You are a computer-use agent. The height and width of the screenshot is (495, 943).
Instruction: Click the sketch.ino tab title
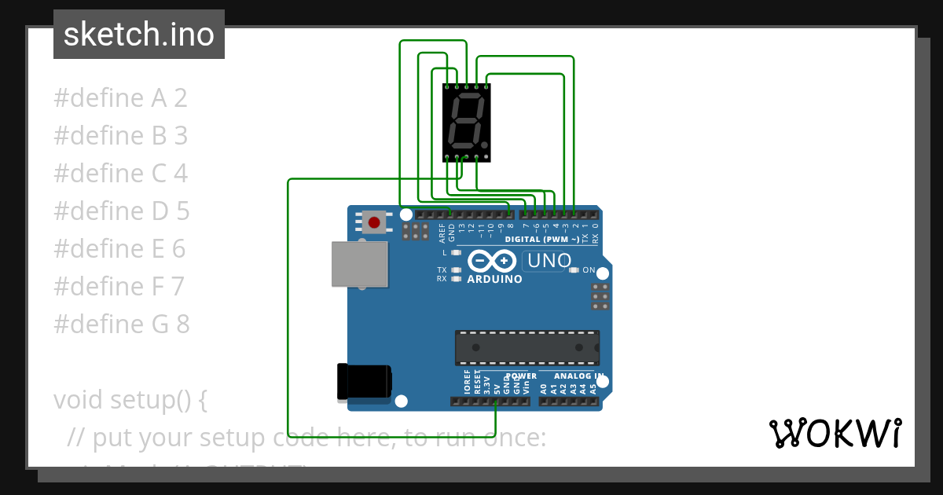coord(138,35)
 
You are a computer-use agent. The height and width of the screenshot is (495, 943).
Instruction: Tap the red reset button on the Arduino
coord(374,222)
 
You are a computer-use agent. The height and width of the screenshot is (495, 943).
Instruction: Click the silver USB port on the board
coord(360,264)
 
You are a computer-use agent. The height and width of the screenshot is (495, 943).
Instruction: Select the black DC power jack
coord(364,382)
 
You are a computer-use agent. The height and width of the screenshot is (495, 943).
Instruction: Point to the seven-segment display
coord(467,123)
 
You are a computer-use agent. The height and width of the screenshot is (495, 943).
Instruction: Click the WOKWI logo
coord(835,433)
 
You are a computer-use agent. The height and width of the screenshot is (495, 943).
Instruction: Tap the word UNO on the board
coord(549,261)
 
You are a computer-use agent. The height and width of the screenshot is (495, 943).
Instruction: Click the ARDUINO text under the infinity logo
coord(494,279)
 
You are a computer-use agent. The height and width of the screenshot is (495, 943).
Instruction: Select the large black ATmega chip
coord(527,347)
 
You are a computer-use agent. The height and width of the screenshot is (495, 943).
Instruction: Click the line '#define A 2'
coord(120,98)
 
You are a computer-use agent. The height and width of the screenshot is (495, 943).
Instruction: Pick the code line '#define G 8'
coord(121,324)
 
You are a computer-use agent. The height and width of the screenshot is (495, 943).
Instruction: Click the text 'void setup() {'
coord(130,399)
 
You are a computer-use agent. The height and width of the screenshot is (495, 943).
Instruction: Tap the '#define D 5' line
coord(121,211)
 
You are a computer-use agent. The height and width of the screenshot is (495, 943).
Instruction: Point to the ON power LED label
coord(589,270)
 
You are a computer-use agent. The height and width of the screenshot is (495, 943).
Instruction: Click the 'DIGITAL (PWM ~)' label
coord(542,239)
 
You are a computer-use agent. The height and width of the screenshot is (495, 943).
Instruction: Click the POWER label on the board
coord(521,376)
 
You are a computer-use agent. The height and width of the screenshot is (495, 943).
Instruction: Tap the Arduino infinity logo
coord(492,260)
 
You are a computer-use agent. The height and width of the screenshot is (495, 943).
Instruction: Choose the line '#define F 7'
coord(119,286)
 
